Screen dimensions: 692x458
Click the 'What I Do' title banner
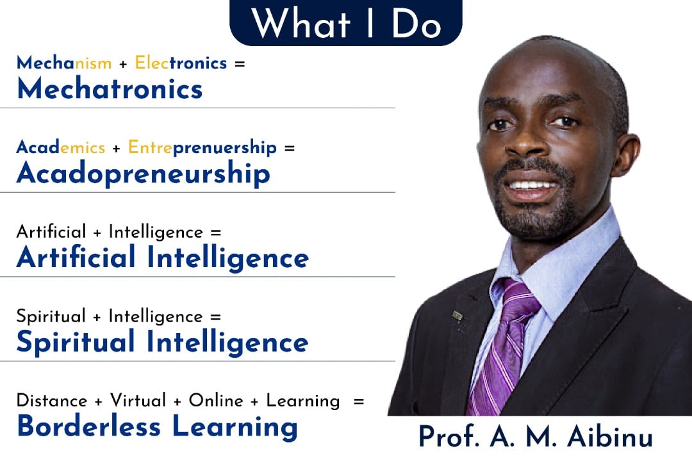[345, 22]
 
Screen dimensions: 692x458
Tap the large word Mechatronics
[110, 88]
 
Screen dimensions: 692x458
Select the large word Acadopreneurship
[144, 174]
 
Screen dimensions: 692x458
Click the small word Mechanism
[64, 63]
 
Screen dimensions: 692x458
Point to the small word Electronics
[181, 63]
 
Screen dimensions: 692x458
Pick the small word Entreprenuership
[202, 148]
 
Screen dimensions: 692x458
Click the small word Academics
[61, 147]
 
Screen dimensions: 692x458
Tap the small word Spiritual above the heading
[51, 317]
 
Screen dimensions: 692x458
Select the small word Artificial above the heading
[51, 232]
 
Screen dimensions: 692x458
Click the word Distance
[52, 400]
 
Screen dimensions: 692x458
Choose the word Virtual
[138, 400]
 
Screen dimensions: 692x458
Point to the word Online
[217, 400]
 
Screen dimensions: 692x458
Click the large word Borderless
[88, 426]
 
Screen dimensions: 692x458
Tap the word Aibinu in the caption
[610, 437]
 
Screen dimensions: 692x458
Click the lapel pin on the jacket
[457, 316]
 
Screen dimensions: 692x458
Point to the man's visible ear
[625, 155]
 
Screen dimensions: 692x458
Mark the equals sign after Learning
[359, 402]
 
